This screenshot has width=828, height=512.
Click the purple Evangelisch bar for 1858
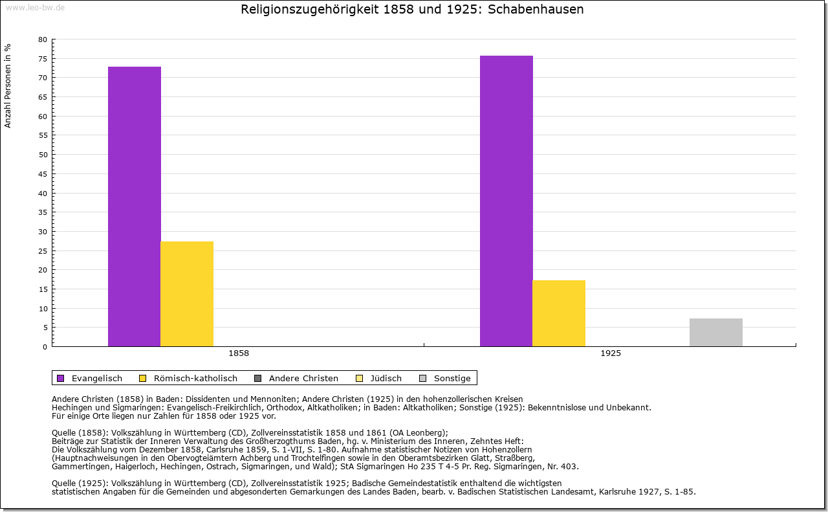135,206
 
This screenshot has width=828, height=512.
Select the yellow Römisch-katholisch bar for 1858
187,294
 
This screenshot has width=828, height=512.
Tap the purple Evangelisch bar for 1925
507,201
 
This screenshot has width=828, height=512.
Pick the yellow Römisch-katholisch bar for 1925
559,313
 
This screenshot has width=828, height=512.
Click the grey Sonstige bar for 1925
716,332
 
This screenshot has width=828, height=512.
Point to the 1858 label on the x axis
239,354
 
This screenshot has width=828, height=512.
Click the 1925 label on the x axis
611,354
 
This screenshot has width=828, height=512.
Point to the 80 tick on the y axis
43,39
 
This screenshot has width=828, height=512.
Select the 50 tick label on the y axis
43,155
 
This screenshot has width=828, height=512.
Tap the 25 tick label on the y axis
43,250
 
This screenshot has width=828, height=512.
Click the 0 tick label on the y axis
45,347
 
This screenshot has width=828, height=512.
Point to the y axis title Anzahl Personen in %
8,85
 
